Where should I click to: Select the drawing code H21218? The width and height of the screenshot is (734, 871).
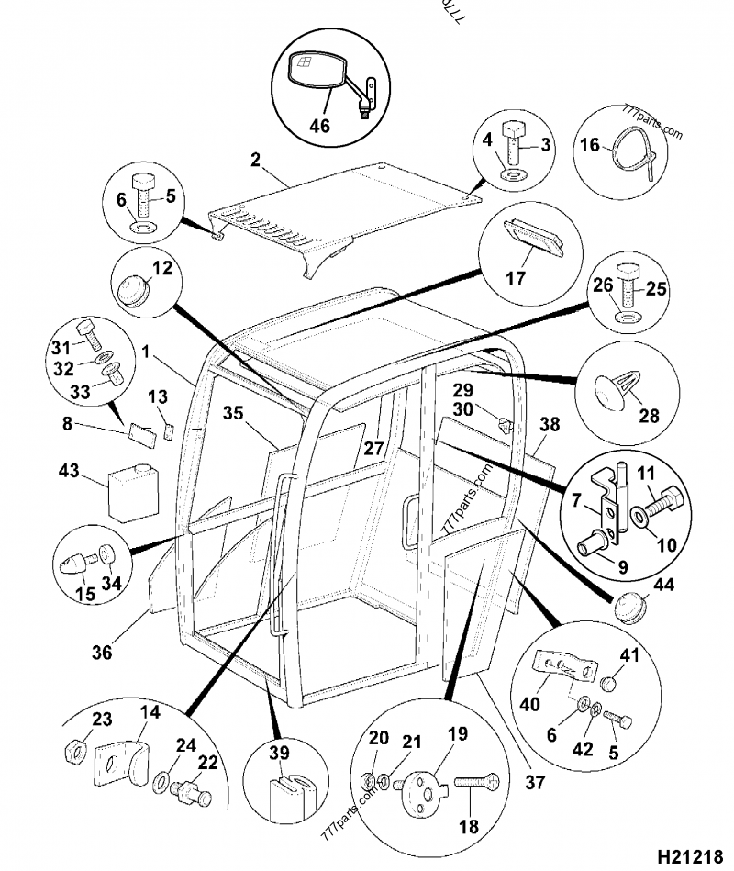(x=690, y=856)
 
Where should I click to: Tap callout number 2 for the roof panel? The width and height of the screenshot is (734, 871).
(x=255, y=160)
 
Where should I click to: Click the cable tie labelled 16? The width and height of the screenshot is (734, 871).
(x=634, y=150)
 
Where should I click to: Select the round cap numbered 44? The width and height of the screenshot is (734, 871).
(x=630, y=607)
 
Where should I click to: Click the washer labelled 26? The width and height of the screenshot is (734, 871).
(x=626, y=318)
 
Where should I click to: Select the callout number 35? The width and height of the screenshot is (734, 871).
(x=233, y=413)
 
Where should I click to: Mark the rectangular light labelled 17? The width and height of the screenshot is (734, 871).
(x=533, y=239)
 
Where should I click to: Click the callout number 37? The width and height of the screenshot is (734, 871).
(x=535, y=782)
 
